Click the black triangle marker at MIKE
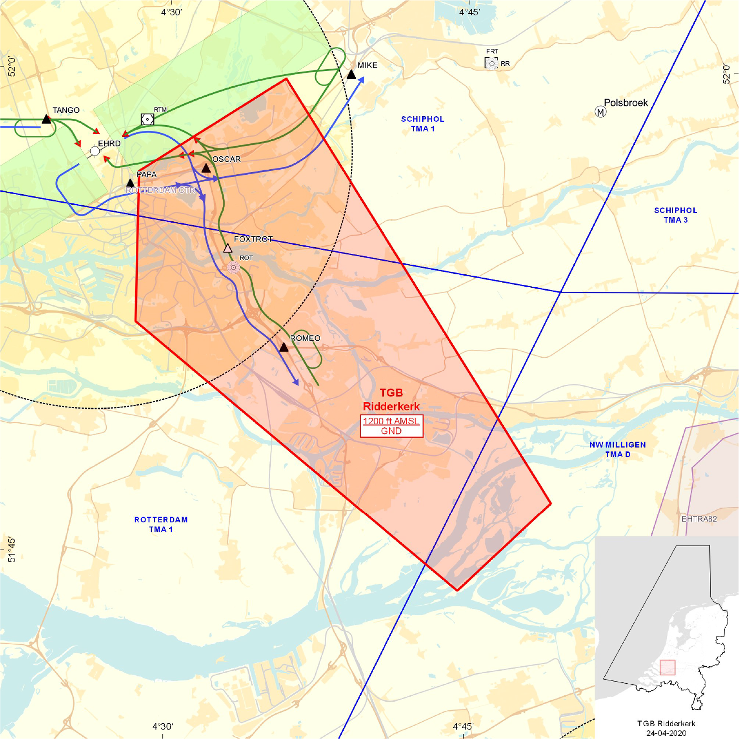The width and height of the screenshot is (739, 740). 352,75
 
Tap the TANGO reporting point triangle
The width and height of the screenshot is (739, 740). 46,120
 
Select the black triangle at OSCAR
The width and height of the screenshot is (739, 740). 206,168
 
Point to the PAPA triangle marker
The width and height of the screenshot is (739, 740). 131,183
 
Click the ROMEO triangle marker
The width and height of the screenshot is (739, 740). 284,347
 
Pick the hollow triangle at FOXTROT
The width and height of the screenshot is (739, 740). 228,248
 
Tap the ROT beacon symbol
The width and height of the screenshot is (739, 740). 234,267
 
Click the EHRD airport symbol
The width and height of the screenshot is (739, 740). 95,151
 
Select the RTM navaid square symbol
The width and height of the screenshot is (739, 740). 147,120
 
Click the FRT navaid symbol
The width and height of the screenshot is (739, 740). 492,63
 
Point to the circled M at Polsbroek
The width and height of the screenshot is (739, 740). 600,112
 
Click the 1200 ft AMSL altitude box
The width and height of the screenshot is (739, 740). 391,426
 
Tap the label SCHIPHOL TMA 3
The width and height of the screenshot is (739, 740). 676,215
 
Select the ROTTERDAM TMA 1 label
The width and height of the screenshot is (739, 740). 161,524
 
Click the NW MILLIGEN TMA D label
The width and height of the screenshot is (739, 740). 618,449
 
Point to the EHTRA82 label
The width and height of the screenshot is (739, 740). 699,519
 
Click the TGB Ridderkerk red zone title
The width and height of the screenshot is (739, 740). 391,399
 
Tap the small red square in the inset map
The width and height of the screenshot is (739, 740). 667,667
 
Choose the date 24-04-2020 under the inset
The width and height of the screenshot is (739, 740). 666,733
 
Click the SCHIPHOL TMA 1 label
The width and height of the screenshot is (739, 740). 422,124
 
